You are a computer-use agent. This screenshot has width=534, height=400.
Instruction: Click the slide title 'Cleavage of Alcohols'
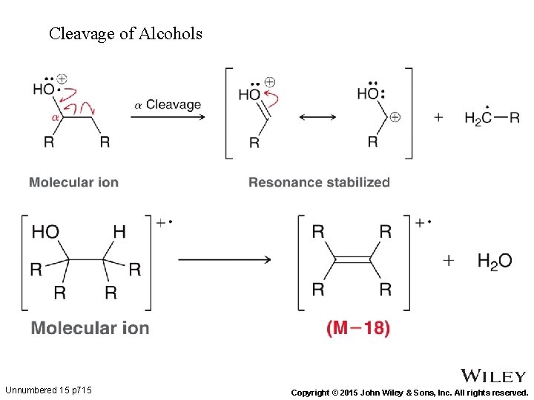pyautogui.click(x=125, y=33)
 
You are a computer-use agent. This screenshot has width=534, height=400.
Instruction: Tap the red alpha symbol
pyautogui.click(x=55, y=117)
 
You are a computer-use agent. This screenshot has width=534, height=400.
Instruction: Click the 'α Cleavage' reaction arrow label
pyautogui.click(x=168, y=105)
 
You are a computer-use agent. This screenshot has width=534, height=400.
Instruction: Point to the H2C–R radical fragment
pyautogui.click(x=491, y=118)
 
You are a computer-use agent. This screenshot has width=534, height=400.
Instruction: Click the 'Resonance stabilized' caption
pyautogui.click(x=319, y=181)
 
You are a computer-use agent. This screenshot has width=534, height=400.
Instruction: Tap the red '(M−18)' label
pyautogui.click(x=358, y=327)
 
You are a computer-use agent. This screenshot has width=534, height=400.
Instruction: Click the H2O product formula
pyautogui.click(x=495, y=261)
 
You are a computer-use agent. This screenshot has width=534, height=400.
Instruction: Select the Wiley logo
pyautogui.click(x=493, y=376)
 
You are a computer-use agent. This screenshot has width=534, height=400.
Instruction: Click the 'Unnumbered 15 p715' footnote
pyautogui.click(x=48, y=390)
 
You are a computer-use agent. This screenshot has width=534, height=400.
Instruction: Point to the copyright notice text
pyautogui.click(x=409, y=392)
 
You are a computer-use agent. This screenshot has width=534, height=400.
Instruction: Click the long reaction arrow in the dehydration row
pyautogui.click(x=224, y=259)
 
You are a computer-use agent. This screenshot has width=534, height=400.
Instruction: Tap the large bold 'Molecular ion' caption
pyautogui.click(x=90, y=327)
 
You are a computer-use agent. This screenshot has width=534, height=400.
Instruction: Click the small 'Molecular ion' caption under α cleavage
pyautogui.click(x=73, y=181)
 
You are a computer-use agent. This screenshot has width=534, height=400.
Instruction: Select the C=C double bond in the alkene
pyautogui.click(x=352, y=259)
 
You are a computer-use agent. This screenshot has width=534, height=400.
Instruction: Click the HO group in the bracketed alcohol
pyautogui.click(x=45, y=232)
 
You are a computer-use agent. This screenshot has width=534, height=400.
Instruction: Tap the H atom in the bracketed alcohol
pyautogui.click(x=119, y=232)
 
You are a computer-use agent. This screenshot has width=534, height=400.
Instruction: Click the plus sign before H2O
pyautogui.click(x=448, y=260)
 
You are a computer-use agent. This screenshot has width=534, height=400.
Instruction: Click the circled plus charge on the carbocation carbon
pyautogui.click(x=395, y=117)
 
